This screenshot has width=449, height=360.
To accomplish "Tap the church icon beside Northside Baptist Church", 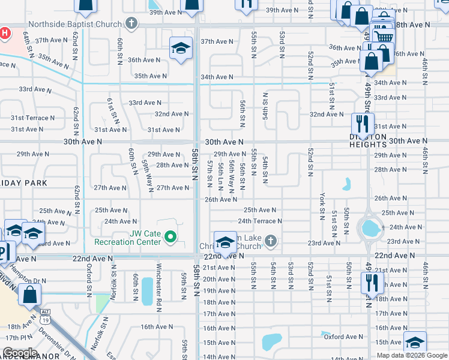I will coord(133,25).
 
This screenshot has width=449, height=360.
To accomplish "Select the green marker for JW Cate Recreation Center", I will coord(170,237).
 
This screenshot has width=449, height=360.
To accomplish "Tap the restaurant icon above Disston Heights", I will coord(363,124).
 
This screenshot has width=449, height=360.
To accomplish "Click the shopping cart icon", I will coord(382,37).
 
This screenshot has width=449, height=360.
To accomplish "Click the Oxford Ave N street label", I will coord(342,337).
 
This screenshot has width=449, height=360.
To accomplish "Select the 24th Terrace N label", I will coord(259,221).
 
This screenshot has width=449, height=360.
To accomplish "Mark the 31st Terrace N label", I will coord(32,118).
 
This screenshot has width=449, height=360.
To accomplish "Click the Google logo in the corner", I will coord(20,353).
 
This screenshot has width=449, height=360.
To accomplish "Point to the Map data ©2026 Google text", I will coord(411,355).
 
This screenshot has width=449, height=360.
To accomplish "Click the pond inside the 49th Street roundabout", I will coord(370,227).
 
